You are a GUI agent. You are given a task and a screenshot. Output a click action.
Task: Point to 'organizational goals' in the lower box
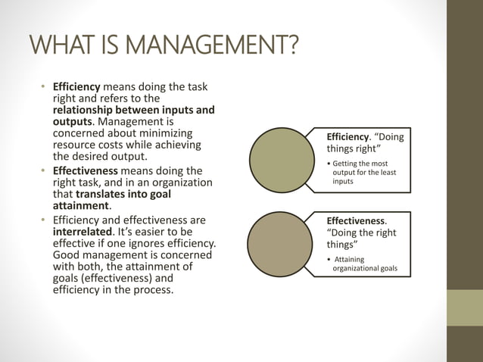pyautogui.click(x=365, y=268)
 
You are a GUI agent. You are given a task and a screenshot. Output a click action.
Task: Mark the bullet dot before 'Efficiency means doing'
pyautogui.click(x=44, y=87)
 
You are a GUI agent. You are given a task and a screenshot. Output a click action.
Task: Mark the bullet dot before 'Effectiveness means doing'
pyautogui.click(x=44, y=171)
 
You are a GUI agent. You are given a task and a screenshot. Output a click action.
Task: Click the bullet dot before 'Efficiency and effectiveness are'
pyautogui.click(x=44, y=221)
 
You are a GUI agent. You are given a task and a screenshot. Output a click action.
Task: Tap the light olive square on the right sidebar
pyautogui.click(x=464, y=307)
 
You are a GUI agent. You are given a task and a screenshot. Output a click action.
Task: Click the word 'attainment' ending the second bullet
pyautogui.click(x=81, y=205)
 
